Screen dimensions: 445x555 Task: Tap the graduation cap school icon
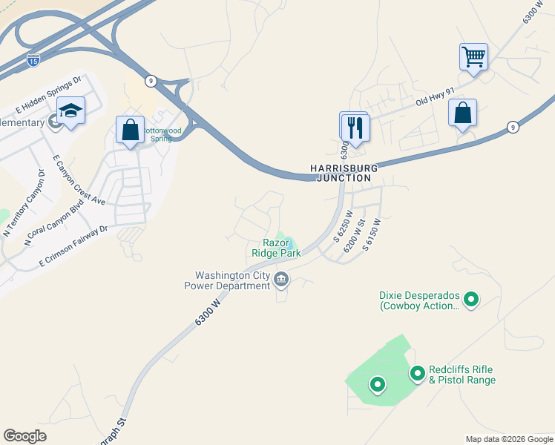pos(70,111)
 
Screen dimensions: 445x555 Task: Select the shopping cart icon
pos(473,56)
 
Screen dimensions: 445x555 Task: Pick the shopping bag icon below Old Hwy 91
pos(462,113)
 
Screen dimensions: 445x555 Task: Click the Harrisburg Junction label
pos(343,173)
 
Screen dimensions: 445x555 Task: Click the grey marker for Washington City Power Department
pos(281,280)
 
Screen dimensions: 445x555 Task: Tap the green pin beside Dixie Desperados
pos(470,300)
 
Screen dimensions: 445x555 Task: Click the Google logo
pos(24,436)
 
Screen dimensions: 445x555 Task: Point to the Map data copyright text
pos(508,439)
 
